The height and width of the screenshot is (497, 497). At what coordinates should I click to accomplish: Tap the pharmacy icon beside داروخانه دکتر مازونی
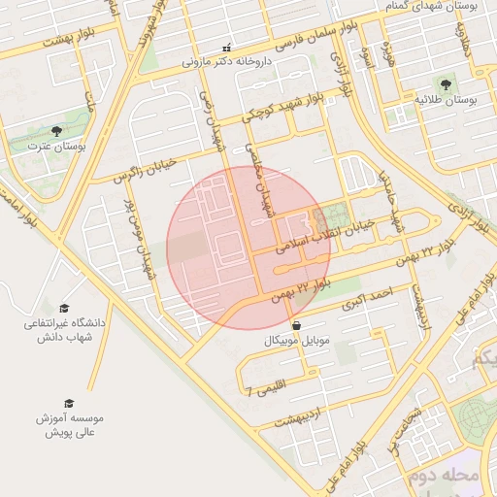[x=226, y=48]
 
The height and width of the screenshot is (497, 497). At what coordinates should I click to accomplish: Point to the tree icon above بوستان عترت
[x=55, y=131]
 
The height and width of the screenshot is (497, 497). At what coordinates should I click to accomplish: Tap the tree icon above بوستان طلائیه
[x=446, y=84]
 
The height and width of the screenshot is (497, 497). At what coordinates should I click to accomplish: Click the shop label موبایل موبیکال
[x=295, y=342]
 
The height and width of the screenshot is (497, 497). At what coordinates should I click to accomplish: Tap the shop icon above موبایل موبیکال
[x=295, y=326]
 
